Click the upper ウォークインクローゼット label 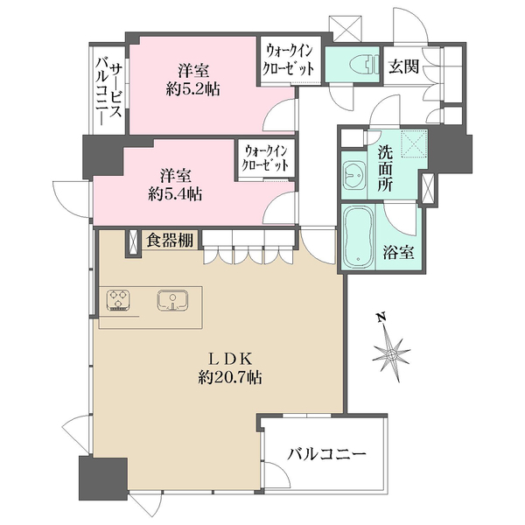(x=289, y=60)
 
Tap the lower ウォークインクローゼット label (x=267, y=158)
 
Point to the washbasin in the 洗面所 (x=355, y=177)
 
